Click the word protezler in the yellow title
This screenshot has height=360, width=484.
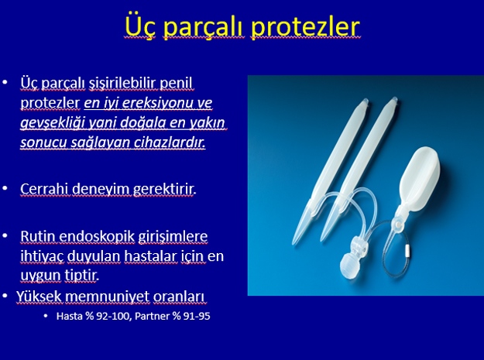pyautogui.click(x=305, y=27)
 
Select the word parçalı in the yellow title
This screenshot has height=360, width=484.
pyautogui.click(x=204, y=27)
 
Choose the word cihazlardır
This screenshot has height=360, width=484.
pyautogui.click(x=170, y=142)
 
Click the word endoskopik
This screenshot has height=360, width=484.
pyautogui.click(x=97, y=237)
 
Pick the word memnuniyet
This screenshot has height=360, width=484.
pyautogui.click(x=107, y=297)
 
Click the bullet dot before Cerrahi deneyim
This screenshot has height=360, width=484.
pyautogui.click(x=5, y=188)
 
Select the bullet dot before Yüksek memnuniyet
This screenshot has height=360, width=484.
pyautogui.click(x=5, y=296)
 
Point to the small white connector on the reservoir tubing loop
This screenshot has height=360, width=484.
pyautogui.click(x=407, y=251)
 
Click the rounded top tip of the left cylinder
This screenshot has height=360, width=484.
pyautogui.click(x=364, y=101)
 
